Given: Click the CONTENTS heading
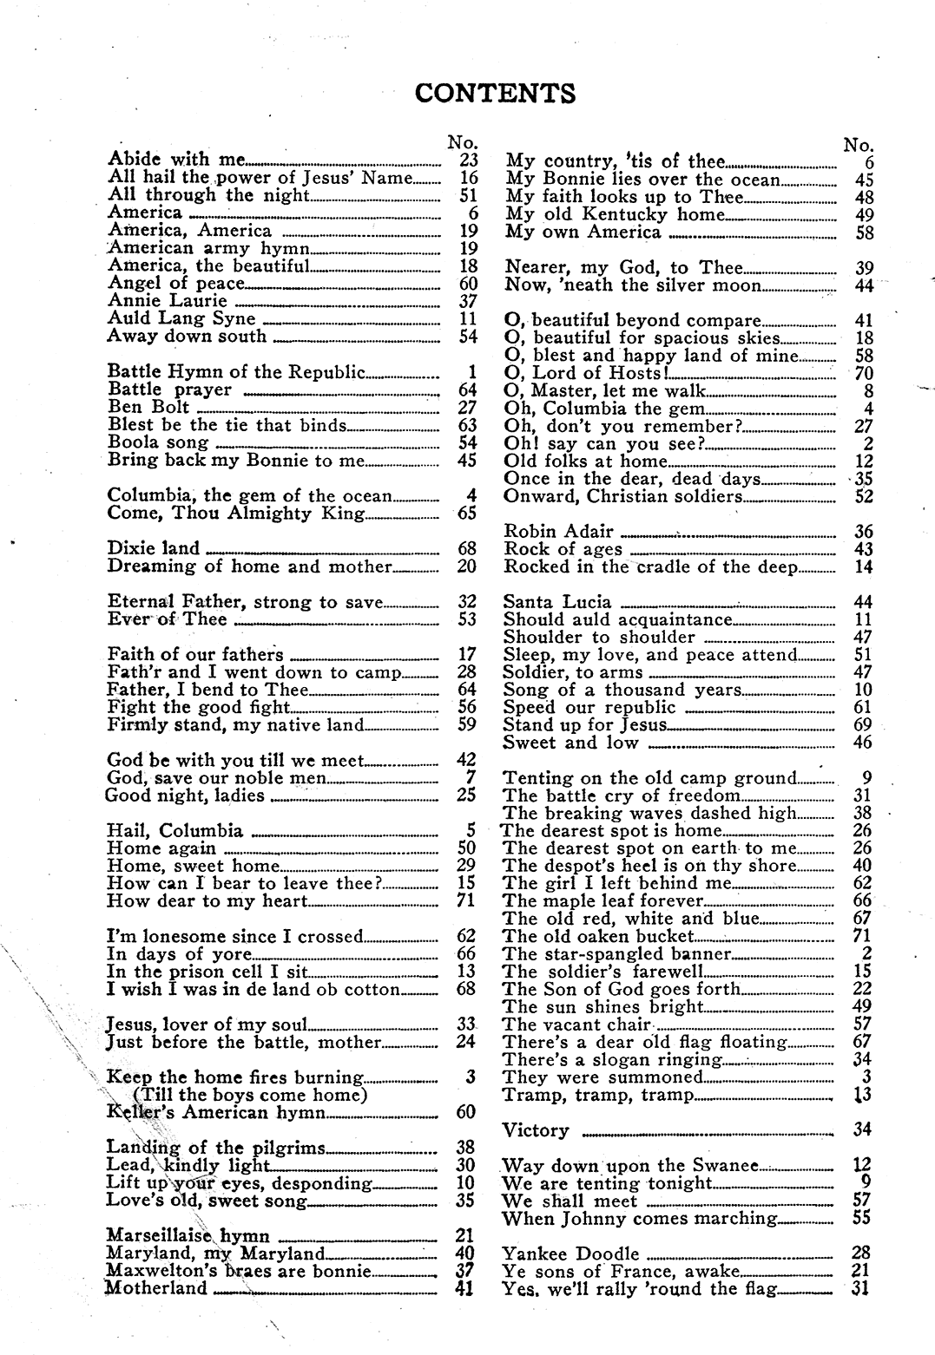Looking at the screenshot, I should [495, 93].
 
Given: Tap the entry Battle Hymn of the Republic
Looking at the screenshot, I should [236, 373].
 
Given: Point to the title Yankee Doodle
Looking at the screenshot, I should [570, 1254].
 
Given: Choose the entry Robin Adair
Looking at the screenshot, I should [558, 532].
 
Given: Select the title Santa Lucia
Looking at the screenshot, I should [556, 602].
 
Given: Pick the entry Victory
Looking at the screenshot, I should [536, 1130].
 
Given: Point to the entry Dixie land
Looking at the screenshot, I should [153, 548].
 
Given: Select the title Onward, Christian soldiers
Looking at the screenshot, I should [622, 497].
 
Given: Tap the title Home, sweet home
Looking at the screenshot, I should [193, 866].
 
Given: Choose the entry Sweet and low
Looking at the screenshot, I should [570, 743].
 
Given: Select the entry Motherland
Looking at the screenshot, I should [156, 1289].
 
